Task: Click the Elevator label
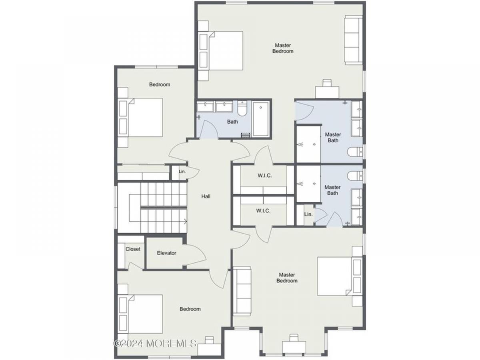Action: click(x=166, y=253)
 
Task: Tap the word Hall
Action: click(x=206, y=196)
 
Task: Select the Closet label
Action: click(x=133, y=249)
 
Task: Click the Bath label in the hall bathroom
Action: click(x=232, y=122)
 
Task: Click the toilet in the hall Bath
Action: click(x=242, y=108)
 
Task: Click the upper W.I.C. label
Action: click(x=265, y=176)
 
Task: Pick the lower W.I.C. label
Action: click(x=263, y=211)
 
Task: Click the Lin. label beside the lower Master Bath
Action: click(x=308, y=214)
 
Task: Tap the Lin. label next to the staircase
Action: click(x=182, y=172)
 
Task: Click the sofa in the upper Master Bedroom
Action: click(x=354, y=40)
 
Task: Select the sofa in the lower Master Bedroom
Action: click(x=242, y=291)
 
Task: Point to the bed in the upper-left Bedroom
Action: click(x=140, y=118)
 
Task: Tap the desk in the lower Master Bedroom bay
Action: click(x=294, y=347)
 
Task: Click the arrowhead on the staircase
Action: click(x=186, y=222)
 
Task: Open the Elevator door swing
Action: click(x=195, y=256)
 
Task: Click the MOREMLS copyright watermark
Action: click(x=155, y=344)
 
